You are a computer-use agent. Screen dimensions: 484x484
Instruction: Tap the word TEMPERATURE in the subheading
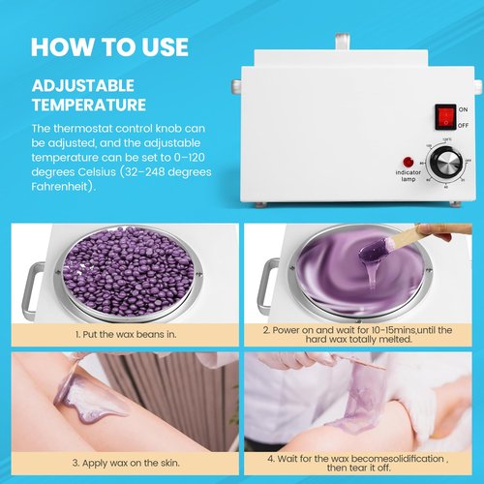coord(88,104)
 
